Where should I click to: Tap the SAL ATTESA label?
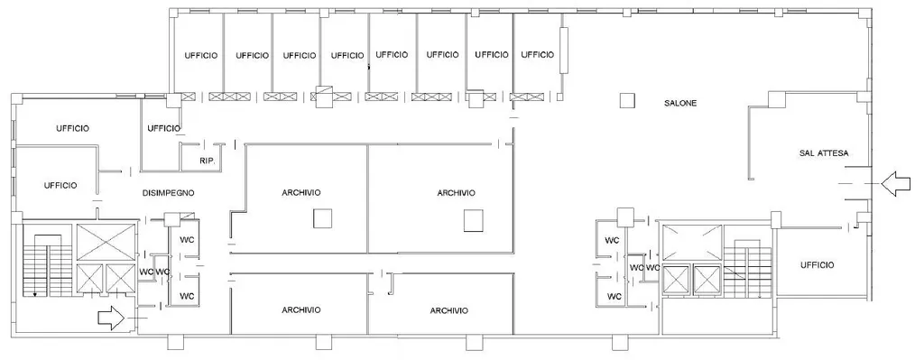coord(824,153)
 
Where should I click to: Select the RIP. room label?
coord(207,161)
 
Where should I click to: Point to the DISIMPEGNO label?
coord(169,193)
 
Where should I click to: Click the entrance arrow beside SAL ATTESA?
coord(896,184)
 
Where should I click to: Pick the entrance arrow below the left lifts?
coord(111,318)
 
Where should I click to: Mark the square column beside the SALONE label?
coord(628,101)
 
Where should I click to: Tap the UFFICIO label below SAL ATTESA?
coord(818,265)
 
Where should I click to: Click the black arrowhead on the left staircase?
coord(35,294)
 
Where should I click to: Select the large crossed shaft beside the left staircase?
coord(106,242)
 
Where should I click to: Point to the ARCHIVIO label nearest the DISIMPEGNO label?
coord(301,193)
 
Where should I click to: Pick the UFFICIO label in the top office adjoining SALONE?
coord(538,55)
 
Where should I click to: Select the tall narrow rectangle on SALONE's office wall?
coord(563,51)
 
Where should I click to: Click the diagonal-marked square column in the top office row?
coord(325,97)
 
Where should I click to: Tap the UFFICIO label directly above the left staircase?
coord(60,186)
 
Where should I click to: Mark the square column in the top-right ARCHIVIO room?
coord(473,220)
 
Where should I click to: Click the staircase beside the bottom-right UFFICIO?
coord(747,271)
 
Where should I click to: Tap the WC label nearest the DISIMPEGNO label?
coord(188,240)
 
